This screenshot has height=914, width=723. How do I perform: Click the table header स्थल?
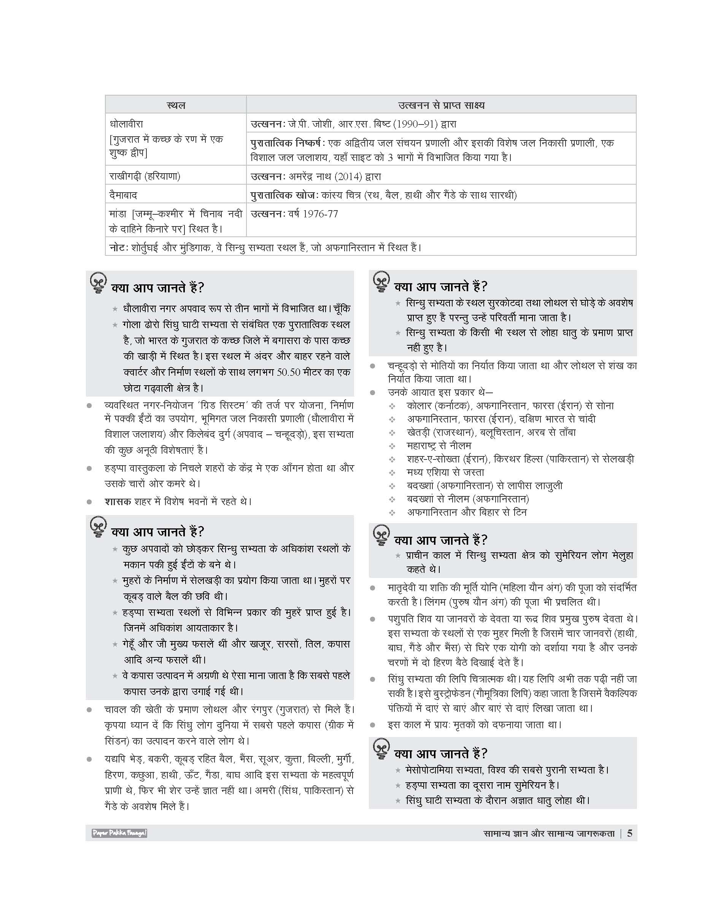click(x=176, y=105)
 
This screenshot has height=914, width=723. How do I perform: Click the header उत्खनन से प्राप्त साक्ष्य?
click(x=441, y=105)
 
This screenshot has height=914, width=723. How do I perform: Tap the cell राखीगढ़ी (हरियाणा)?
click(x=145, y=176)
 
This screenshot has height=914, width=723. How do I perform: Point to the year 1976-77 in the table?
click(x=319, y=214)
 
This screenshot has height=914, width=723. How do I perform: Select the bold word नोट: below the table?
click(x=117, y=247)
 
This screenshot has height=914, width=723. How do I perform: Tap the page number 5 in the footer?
click(x=629, y=833)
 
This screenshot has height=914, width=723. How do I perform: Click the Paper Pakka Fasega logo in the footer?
click(x=119, y=833)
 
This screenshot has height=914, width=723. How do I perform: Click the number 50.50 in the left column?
click(x=289, y=372)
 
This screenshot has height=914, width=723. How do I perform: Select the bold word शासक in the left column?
click(x=118, y=501)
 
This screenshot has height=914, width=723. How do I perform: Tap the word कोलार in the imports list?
click(x=419, y=406)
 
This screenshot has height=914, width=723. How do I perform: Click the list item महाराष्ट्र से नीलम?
click(x=439, y=446)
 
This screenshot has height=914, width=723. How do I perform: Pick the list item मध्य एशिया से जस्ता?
click(x=445, y=472)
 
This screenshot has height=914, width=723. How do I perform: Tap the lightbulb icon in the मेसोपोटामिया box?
click(x=381, y=750)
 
